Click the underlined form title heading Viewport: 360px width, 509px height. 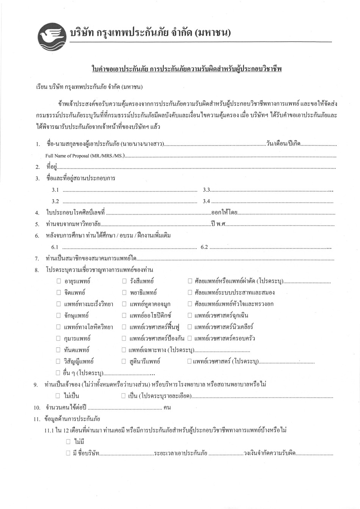187,69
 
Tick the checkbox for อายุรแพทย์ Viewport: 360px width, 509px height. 59,281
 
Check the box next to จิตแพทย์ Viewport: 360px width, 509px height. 59,293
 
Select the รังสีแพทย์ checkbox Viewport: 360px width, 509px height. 124,281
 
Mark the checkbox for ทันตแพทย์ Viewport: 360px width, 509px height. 59,349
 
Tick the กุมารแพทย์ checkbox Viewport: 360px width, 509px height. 59,338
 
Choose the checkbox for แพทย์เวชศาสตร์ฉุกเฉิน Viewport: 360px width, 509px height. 190,315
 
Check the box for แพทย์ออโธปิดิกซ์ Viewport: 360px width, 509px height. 124,315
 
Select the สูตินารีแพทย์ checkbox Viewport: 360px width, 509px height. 124,361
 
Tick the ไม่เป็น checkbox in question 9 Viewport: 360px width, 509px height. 58,396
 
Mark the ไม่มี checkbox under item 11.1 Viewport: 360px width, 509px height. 68,442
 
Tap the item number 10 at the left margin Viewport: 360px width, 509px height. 37,408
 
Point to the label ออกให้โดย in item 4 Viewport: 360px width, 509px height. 224,213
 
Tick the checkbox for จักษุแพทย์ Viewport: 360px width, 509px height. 59,315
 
